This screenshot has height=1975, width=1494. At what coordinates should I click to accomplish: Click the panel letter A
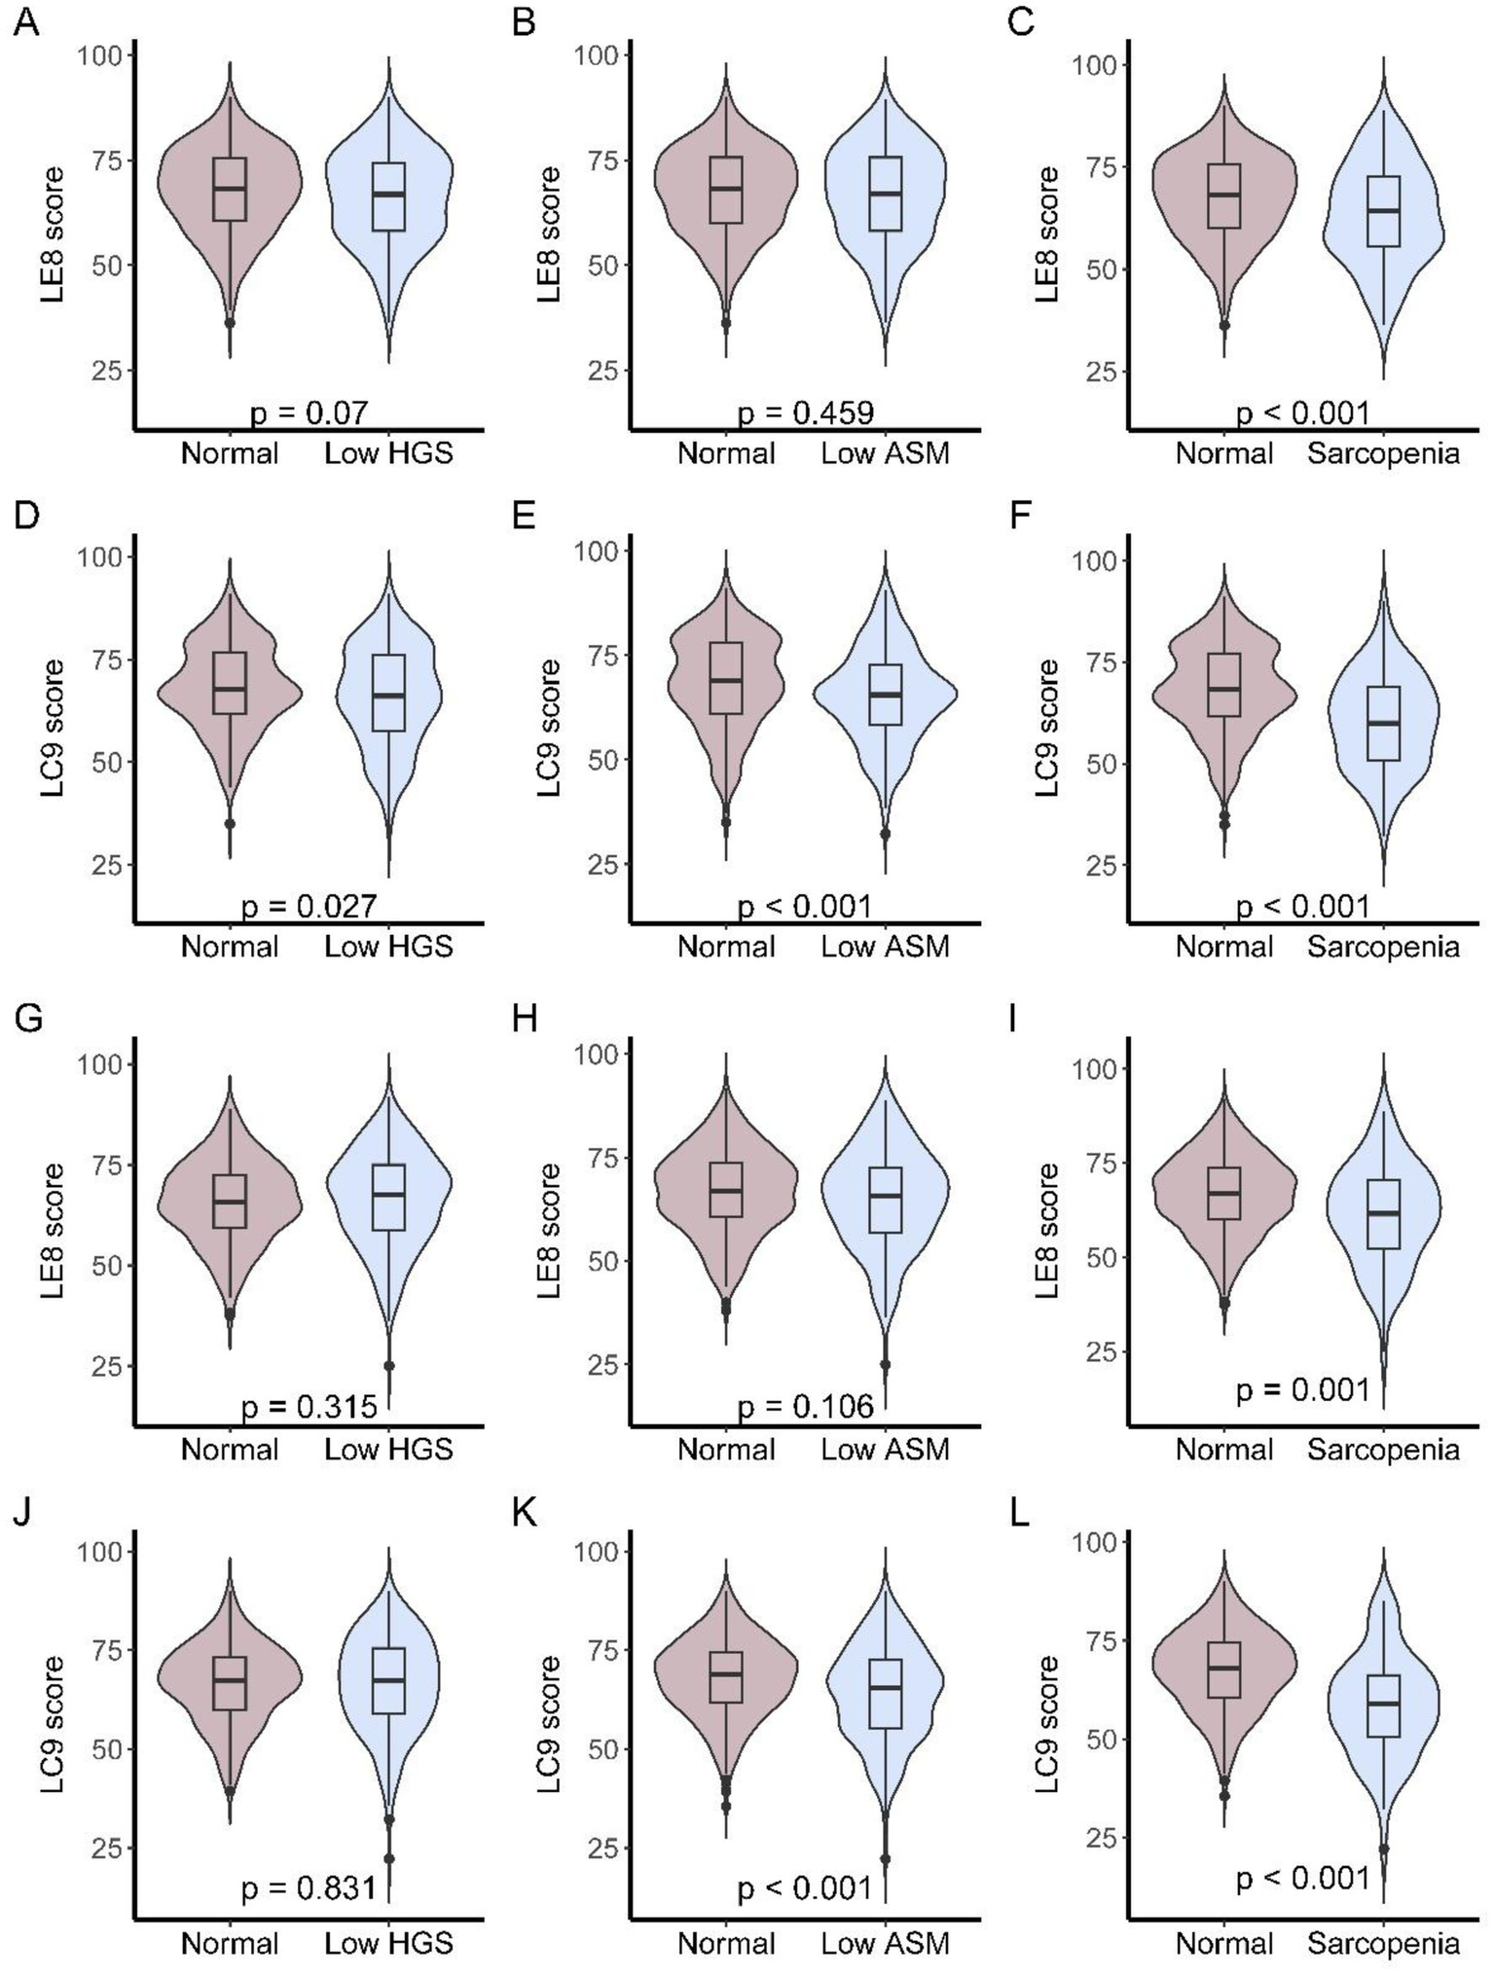coord(27,21)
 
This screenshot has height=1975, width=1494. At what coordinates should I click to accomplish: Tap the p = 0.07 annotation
coord(310,413)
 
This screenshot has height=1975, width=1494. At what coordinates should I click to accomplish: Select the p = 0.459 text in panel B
coord(805,413)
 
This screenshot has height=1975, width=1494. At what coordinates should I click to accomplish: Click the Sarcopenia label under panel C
coord(1382,453)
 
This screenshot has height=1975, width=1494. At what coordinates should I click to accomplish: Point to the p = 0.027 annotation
coord(310,907)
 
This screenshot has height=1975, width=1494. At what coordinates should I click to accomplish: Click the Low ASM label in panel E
coord(885,947)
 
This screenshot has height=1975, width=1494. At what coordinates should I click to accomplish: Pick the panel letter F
coord(1020,515)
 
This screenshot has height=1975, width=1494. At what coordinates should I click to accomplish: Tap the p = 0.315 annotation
coord(310,1406)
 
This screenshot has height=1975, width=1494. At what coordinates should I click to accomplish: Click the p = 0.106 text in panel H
coord(805,1406)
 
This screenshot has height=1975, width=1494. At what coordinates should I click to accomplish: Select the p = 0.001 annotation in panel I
coord(1302,1390)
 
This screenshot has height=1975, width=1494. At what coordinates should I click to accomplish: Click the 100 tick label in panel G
coord(99,1064)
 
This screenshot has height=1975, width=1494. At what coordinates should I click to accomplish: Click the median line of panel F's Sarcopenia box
coord(1382,723)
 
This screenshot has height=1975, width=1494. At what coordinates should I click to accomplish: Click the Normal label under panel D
coord(230,947)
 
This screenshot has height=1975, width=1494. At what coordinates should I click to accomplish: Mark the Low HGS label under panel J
coord(388,1943)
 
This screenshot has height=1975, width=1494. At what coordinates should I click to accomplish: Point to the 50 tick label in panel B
coord(602,266)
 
